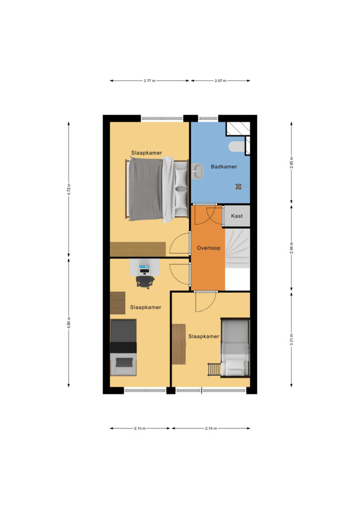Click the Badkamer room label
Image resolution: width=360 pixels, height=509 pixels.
[x=224, y=167]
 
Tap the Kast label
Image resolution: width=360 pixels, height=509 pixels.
[x=237, y=216]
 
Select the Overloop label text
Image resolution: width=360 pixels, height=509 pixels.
[x=208, y=248]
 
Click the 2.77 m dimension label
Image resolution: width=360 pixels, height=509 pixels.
[x=149, y=81]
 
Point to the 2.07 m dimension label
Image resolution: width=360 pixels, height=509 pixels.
[x=220, y=81]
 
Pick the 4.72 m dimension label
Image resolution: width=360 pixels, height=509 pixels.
[x=69, y=189]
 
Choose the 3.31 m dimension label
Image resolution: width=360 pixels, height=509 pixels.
[x=291, y=339]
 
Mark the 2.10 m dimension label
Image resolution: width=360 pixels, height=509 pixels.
[x=140, y=428]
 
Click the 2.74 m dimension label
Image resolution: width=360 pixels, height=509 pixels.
[x=211, y=428]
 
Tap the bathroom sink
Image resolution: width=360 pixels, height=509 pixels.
[x=197, y=171]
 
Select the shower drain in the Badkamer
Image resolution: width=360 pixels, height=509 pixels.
[x=239, y=186]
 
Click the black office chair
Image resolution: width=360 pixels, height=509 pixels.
[x=145, y=282]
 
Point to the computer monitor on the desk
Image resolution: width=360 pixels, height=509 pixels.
[x=144, y=269]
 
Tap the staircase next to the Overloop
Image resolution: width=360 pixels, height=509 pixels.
[x=237, y=249]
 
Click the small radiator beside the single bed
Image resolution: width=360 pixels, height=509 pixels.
[x=214, y=369]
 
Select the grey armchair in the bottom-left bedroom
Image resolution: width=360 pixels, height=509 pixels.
[x=123, y=364]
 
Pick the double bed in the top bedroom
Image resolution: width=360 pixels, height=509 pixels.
[x=158, y=189]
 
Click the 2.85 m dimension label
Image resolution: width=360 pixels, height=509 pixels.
[x=291, y=163]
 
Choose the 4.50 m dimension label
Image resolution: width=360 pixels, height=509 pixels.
[x=69, y=323]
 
